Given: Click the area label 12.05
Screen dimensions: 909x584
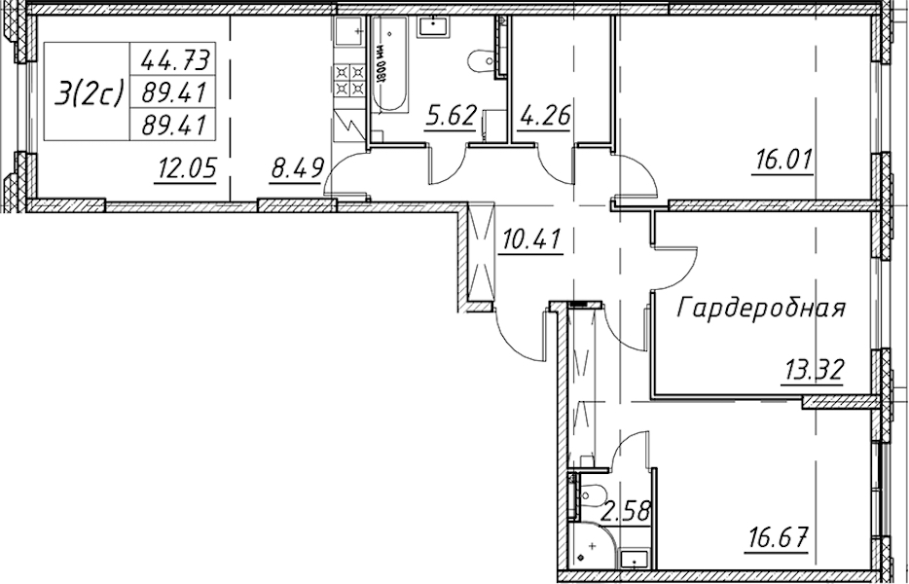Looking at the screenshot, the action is click(186, 167).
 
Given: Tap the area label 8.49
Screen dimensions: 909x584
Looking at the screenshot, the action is click(296, 169).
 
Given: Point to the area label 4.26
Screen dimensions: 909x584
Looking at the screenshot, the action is click(543, 116).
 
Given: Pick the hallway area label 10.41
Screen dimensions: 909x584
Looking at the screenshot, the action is click(530, 238).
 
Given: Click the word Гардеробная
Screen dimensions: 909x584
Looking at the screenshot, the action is click(761, 308).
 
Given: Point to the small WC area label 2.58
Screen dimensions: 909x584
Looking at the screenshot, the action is click(626, 512).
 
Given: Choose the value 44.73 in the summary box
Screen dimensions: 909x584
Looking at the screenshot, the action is click(174, 58).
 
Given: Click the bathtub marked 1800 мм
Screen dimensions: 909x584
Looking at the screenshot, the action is click(389, 64).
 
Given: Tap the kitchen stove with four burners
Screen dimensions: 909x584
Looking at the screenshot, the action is click(350, 81).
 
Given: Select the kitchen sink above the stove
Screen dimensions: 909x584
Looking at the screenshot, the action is click(350, 32).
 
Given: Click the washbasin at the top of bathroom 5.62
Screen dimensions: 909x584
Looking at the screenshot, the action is click(432, 26).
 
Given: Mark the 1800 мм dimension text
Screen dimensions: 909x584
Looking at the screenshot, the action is click(381, 65).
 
